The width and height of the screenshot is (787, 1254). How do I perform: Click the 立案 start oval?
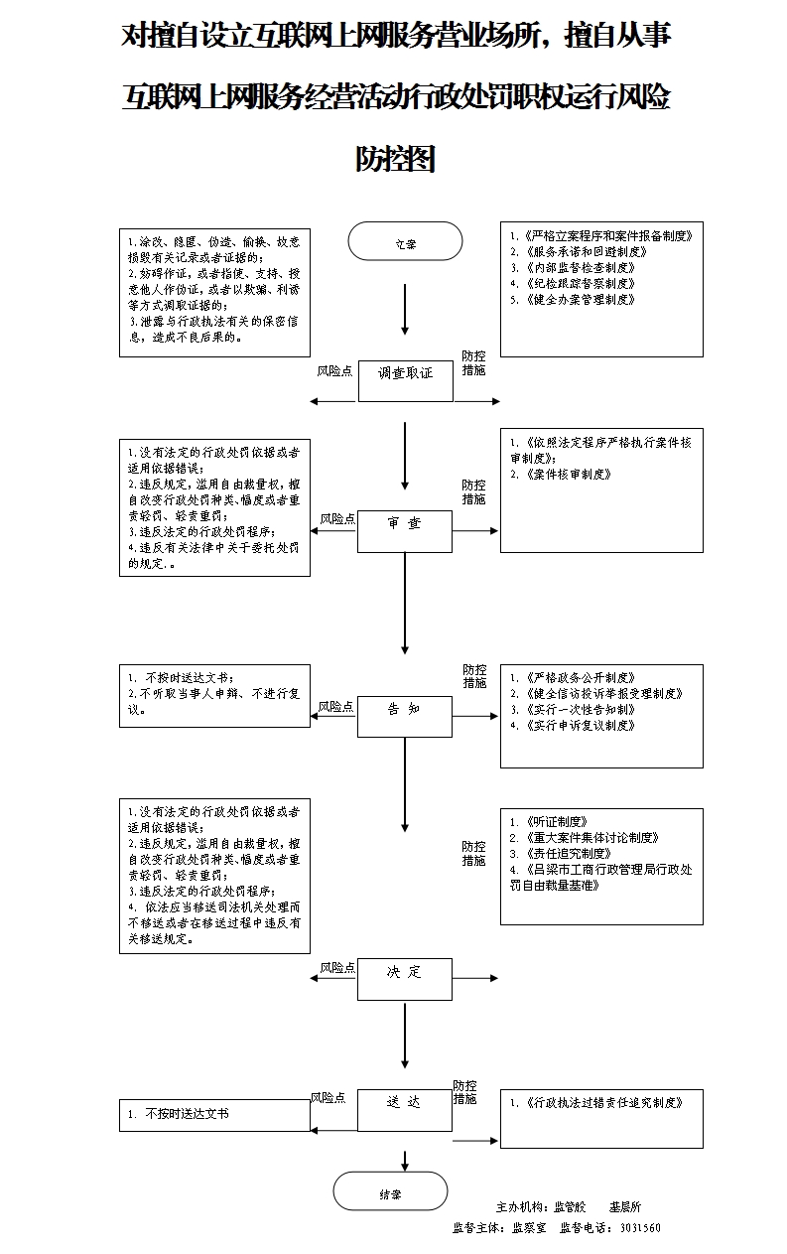click(405, 243)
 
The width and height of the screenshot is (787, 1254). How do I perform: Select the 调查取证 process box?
click(405, 379)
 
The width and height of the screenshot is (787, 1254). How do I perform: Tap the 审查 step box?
click(405, 531)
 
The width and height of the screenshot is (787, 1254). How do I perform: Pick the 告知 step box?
click(405, 716)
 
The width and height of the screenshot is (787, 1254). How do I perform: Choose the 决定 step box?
click(405, 978)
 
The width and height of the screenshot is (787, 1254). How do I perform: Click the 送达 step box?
click(405, 1109)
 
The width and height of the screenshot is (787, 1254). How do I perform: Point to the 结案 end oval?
click(390, 1194)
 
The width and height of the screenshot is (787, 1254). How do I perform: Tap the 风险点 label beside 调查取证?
click(334, 370)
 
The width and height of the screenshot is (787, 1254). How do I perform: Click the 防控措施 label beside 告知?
click(474, 676)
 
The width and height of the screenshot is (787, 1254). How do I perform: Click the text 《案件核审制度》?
click(566, 475)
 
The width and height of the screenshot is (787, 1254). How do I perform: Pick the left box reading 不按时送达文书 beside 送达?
click(214, 1114)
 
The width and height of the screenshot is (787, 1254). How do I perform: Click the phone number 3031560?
click(640, 1228)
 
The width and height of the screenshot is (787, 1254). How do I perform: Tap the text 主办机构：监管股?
click(541, 1207)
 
